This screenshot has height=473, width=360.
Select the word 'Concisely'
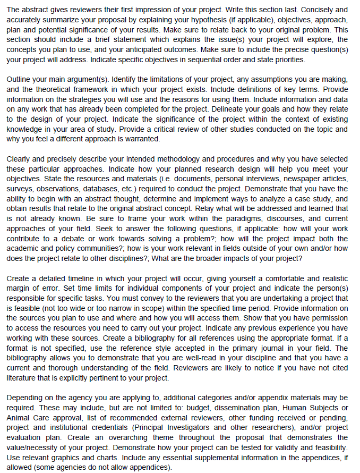tap(305, 10)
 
